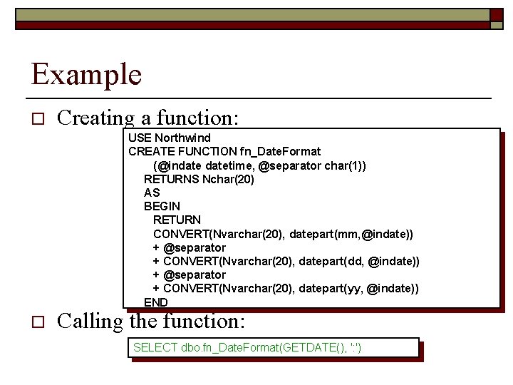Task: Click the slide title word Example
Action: [x=86, y=74]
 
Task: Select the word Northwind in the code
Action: [x=183, y=138]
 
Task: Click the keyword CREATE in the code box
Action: [x=147, y=151]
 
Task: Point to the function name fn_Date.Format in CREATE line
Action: [x=281, y=151]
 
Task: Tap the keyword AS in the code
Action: [x=152, y=192]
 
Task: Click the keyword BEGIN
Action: [x=162, y=206]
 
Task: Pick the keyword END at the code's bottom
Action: [x=156, y=302]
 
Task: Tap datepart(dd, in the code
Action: [x=331, y=261]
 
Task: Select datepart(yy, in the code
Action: [x=331, y=288]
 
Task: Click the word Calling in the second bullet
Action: [x=90, y=322]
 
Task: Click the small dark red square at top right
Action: [x=495, y=14]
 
